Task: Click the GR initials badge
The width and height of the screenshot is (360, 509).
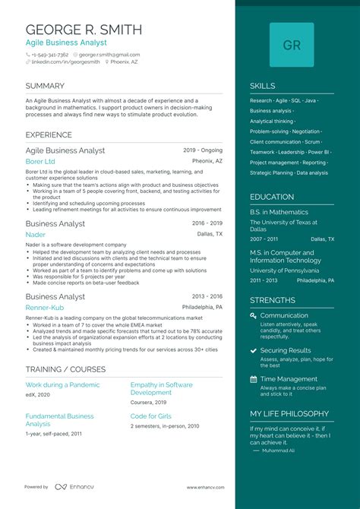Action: tap(291, 45)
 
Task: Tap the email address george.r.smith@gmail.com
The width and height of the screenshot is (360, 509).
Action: tap(109, 55)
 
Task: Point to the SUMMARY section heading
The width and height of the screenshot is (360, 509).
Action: tap(45, 87)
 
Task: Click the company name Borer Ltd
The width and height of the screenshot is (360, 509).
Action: tap(40, 162)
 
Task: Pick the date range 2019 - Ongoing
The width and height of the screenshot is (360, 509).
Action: tap(203, 150)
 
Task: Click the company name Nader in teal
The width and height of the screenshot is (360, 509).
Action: tap(34, 235)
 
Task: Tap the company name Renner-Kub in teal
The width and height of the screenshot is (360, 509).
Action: tap(44, 308)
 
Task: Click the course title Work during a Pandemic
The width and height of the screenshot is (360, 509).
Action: tap(62, 385)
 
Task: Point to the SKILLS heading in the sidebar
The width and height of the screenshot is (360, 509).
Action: tap(263, 87)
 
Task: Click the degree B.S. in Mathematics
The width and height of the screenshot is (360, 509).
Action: tap(279, 212)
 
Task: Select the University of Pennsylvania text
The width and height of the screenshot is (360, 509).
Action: tap(285, 270)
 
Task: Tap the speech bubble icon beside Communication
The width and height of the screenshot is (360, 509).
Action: tap(253, 315)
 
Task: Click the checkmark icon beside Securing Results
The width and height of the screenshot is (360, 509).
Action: tap(253, 350)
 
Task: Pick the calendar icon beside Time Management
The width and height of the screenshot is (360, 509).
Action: tap(253, 379)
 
